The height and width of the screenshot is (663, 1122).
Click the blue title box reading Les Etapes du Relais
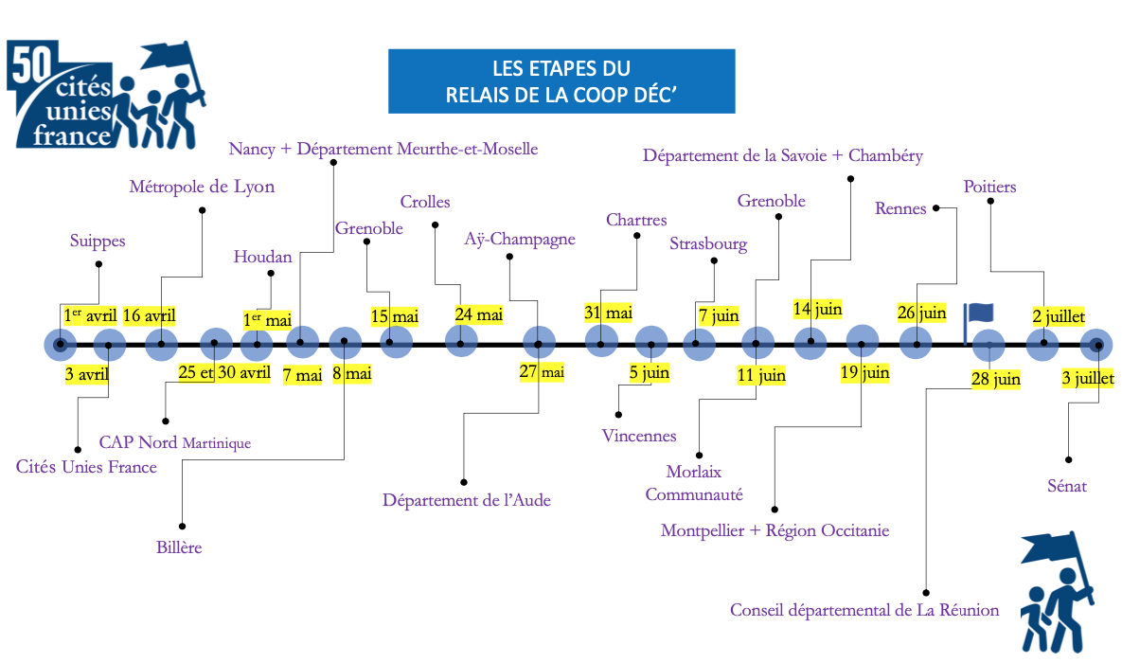coord(561,81)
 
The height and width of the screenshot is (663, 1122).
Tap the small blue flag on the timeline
coord(979,315)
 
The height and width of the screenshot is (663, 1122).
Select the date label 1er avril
coord(89,315)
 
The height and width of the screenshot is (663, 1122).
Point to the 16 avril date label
coord(150,315)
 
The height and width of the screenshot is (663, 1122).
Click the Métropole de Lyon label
coord(202,187)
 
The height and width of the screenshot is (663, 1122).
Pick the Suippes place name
coord(98,241)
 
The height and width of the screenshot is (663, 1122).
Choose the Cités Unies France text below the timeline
coord(86,467)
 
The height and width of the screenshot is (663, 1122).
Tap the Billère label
coord(179,547)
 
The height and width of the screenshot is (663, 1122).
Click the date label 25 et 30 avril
coord(223,372)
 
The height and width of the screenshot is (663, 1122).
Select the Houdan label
coord(263,257)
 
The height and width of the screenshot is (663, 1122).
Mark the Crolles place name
coord(425,202)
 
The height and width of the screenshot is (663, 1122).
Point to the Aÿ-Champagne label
coord(520,239)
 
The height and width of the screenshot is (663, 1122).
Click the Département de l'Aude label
coord(466,499)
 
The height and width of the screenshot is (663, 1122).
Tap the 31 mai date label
coord(608,313)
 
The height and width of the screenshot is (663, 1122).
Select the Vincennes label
coord(639,436)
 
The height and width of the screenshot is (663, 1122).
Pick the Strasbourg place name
coord(708,244)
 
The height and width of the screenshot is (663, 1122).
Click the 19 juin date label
coord(864,372)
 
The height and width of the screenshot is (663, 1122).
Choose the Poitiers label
coord(989,187)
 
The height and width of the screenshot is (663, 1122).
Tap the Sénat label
coord(1066,486)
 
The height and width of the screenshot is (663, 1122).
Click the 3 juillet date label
coord(1088,379)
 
